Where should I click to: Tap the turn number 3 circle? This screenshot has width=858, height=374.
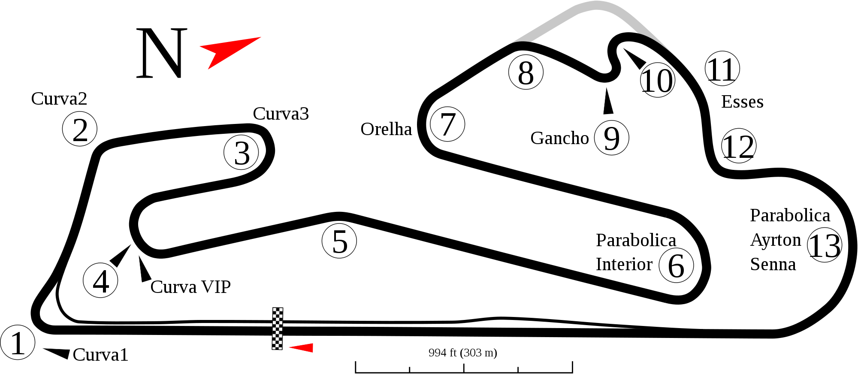pos(242,153)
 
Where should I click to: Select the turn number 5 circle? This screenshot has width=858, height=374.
pos(339,242)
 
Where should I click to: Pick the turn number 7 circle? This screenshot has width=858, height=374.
pos(447,124)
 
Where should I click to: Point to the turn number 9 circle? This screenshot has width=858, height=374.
pos(611,138)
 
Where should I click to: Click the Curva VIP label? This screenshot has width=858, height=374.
pos(190,287)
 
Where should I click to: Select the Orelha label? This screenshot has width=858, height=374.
pos(386,129)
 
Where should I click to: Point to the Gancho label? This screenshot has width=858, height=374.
pos(559,138)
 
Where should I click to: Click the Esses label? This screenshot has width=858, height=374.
pos(742,102)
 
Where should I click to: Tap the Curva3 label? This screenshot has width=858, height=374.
pos(281,114)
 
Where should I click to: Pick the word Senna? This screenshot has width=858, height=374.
pos(773,264)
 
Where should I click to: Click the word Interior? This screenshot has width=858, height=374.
pos(624,264)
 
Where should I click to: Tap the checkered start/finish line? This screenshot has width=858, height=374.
pos(278,328)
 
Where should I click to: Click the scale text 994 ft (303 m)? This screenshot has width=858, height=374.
pos(463,353)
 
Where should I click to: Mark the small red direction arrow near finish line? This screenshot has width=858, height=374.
pos(302,347)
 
